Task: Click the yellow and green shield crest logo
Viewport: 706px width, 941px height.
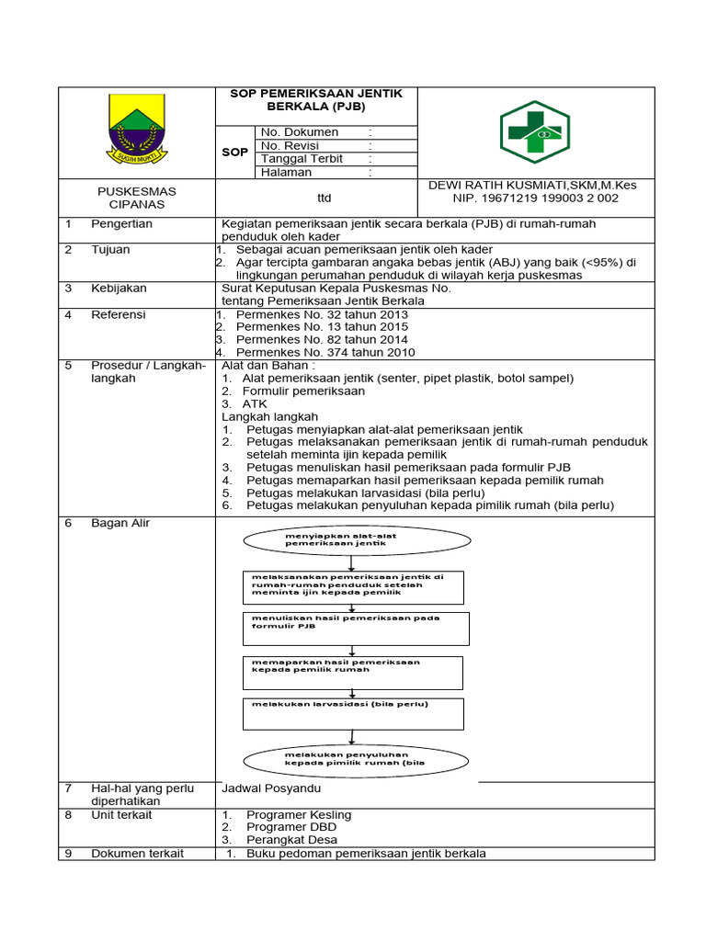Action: coord(136,132)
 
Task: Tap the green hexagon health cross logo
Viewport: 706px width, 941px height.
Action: coord(534,132)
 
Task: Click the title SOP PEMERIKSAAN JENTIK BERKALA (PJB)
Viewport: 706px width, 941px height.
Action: coord(315,100)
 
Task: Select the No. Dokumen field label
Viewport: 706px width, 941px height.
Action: coord(300,132)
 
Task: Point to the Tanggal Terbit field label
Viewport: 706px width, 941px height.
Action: coord(302,159)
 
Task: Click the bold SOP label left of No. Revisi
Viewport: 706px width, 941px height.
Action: coord(235,152)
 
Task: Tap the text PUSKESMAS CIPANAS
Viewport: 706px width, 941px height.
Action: coord(136,198)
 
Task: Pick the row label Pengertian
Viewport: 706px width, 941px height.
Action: coord(121,224)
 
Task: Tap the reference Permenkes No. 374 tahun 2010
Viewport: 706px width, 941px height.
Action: coord(325,353)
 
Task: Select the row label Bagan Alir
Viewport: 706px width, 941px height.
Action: coord(120,524)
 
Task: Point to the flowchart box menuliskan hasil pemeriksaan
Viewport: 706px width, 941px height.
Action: coord(356,628)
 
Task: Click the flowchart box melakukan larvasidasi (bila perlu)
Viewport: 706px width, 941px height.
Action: coord(353,713)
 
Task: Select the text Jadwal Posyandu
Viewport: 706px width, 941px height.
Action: coord(271,788)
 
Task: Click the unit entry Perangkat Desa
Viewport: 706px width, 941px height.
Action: coord(291,840)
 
